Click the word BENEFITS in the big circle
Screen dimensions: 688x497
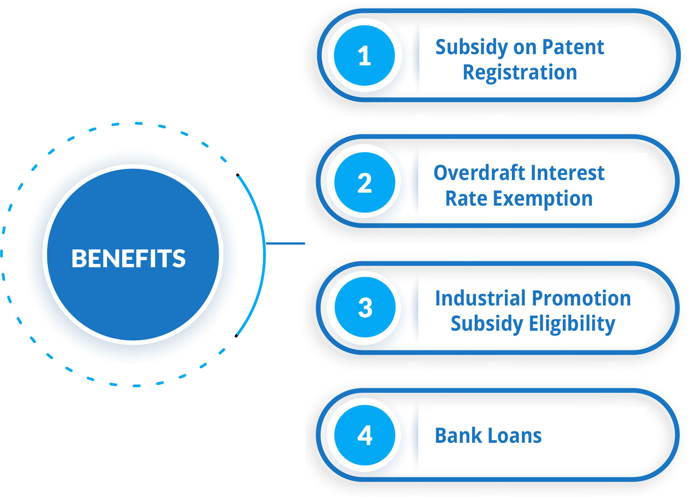click(x=129, y=258)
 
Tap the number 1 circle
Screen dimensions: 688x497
click(x=364, y=56)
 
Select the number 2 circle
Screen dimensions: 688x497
click(x=364, y=182)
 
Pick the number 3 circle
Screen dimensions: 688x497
click(x=365, y=307)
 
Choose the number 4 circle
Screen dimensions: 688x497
click(x=364, y=435)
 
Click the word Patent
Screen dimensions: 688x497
click(x=573, y=47)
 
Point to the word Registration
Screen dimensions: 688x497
click(x=520, y=73)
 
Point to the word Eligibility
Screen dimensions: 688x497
click(x=572, y=324)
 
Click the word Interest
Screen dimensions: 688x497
click(x=567, y=173)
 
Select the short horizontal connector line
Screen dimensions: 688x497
click(x=285, y=243)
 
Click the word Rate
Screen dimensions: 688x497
click(x=466, y=199)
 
